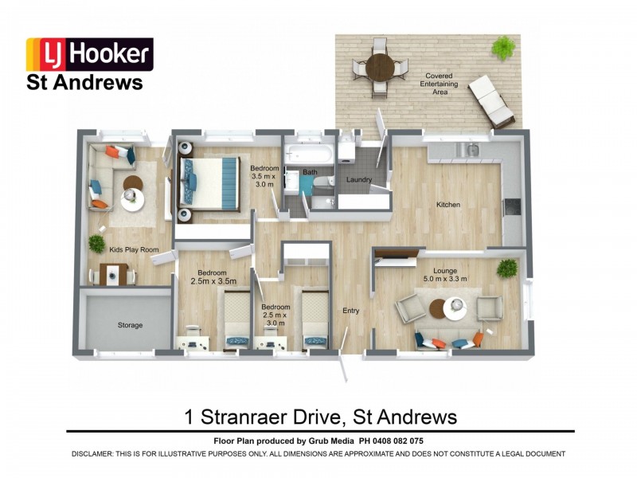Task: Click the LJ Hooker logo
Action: point(89,54)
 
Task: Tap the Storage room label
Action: point(130,325)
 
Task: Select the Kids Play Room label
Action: point(134,249)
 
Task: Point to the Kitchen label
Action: point(448,205)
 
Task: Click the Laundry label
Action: point(359,180)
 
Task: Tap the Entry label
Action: point(350,311)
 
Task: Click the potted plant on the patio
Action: point(502,48)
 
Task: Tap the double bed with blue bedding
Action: point(209,183)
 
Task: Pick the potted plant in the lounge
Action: point(506,268)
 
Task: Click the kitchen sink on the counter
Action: point(471,149)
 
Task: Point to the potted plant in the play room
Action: point(96,243)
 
